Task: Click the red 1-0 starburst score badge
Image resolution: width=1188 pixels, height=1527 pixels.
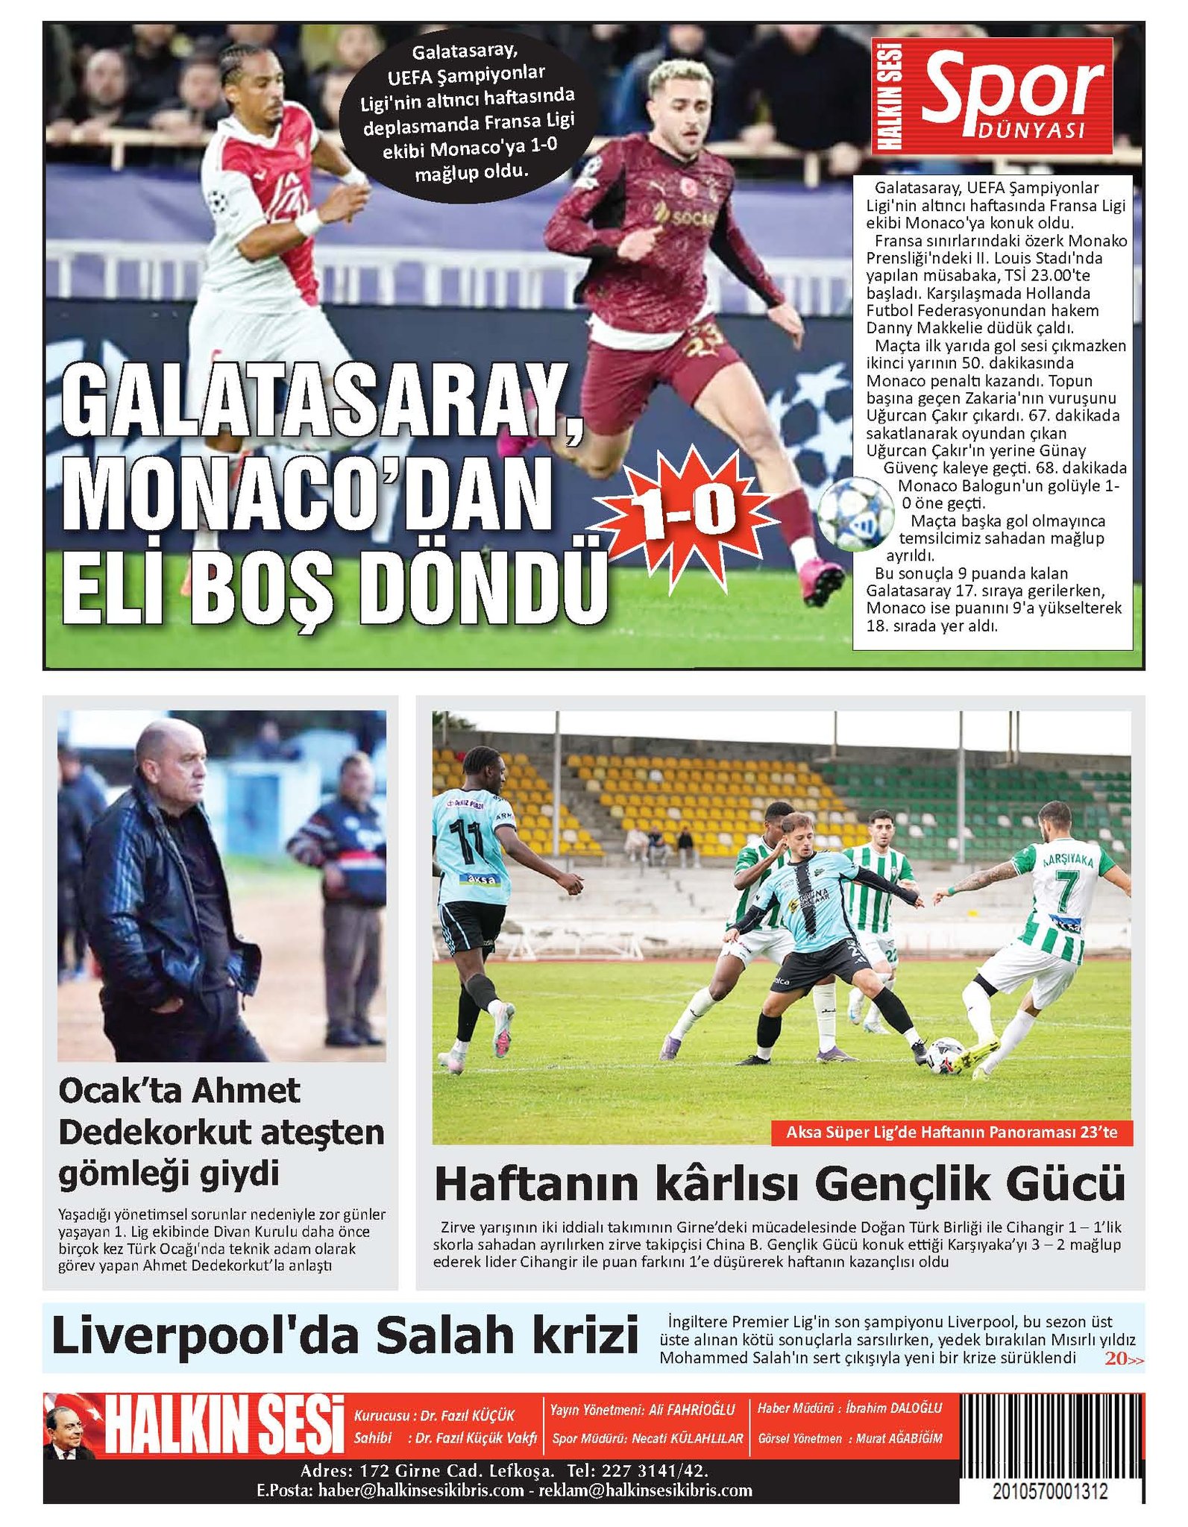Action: click(685, 512)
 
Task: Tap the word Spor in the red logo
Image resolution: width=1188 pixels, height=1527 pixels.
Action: click(1012, 87)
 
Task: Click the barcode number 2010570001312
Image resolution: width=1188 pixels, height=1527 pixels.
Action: click(1049, 1492)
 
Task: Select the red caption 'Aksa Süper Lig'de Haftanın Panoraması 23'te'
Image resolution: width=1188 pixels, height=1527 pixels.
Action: click(952, 1132)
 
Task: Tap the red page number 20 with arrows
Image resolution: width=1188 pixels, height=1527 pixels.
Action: click(1122, 1358)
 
